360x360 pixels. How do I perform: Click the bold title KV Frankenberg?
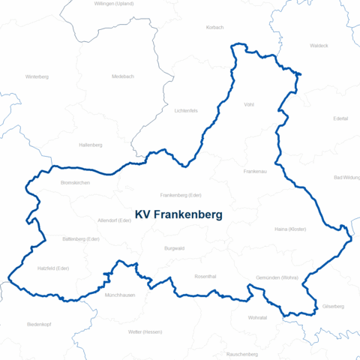[x=178, y=214]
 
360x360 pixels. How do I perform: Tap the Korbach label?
[x=214, y=28]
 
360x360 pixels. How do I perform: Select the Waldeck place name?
[x=319, y=46]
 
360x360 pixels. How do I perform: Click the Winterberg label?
[x=37, y=76]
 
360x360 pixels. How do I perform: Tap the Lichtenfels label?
[x=185, y=110]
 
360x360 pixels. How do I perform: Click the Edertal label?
[x=340, y=118]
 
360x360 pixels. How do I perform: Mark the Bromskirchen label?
[x=75, y=182]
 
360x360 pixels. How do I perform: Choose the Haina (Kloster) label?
[x=291, y=229]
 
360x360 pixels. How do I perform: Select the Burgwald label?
[x=174, y=248]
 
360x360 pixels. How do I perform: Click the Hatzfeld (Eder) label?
[x=53, y=268]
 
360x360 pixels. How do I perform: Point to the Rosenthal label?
[x=205, y=277]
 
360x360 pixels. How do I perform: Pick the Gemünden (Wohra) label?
[x=277, y=277]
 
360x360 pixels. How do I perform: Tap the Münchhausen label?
[x=120, y=295]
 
